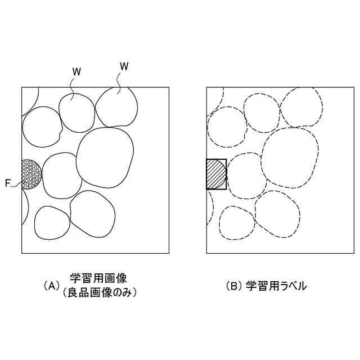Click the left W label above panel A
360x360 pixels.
click(76, 71)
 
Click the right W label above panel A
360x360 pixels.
click(124, 67)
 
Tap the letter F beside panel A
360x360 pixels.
click(8, 183)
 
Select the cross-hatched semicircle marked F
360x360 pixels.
click(30, 174)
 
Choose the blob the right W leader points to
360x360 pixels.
click(117, 107)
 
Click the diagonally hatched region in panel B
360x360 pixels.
click(215, 174)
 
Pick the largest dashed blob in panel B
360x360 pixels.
click(290, 158)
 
